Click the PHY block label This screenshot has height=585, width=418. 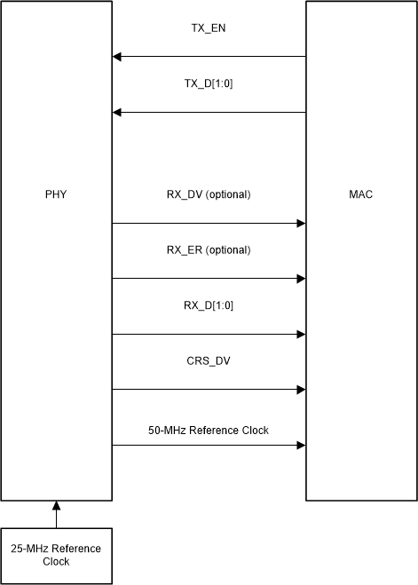click(x=55, y=194)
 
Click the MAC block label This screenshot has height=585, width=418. click(x=362, y=194)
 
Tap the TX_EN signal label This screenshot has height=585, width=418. click(x=209, y=27)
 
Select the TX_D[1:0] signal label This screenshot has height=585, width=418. click(x=209, y=83)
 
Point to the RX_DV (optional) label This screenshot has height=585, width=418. click(x=209, y=194)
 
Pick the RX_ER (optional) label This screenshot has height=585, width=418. click(x=209, y=249)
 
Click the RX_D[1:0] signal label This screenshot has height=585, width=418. click(x=209, y=305)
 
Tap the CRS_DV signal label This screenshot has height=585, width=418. click(x=209, y=361)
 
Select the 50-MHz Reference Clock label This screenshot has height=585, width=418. click(x=209, y=430)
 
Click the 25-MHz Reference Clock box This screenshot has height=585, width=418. click(x=57, y=556)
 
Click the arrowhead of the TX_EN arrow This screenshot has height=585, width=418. click(x=117, y=58)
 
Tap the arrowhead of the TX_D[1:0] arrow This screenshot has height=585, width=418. click(x=117, y=113)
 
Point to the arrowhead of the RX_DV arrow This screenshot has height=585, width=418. click(x=301, y=224)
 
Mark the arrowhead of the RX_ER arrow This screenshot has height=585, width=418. click(x=301, y=279)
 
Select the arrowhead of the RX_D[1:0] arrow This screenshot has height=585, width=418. click(x=301, y=335)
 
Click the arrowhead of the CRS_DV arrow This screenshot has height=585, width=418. click(x=301, y=390)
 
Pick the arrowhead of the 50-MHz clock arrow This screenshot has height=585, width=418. click(x=301, y=446)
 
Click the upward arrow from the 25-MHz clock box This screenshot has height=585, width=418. click(x=57, y=515)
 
